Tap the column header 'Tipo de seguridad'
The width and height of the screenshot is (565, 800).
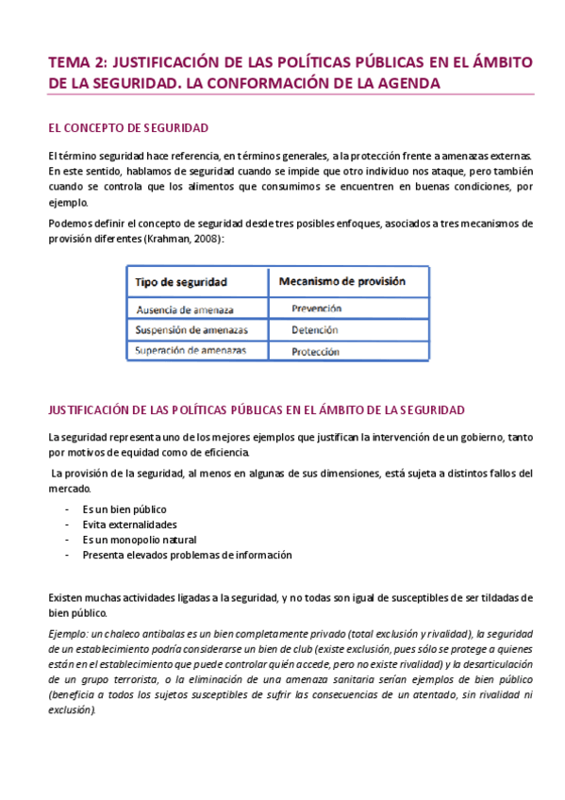coord(180,281)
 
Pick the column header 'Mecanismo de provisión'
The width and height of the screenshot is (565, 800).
coord(341,281)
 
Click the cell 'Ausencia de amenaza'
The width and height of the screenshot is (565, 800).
coord(185,309)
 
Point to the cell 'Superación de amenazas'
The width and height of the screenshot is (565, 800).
coord(191,351)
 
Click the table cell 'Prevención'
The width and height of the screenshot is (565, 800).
coord(316,308)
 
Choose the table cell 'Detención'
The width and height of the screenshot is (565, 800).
coord(314,330)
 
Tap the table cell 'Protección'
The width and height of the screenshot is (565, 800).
coord(316,351)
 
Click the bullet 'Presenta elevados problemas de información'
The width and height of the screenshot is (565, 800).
coord(187,555)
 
